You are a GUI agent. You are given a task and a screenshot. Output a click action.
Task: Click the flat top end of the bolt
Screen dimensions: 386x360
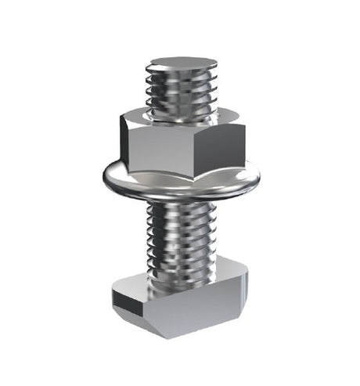click(x=181, y=63)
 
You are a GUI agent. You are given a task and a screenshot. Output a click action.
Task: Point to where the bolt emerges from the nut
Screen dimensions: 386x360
click(x=181, y=114)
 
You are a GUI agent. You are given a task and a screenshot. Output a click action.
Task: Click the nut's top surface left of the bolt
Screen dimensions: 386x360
click(x=139, y=117)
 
